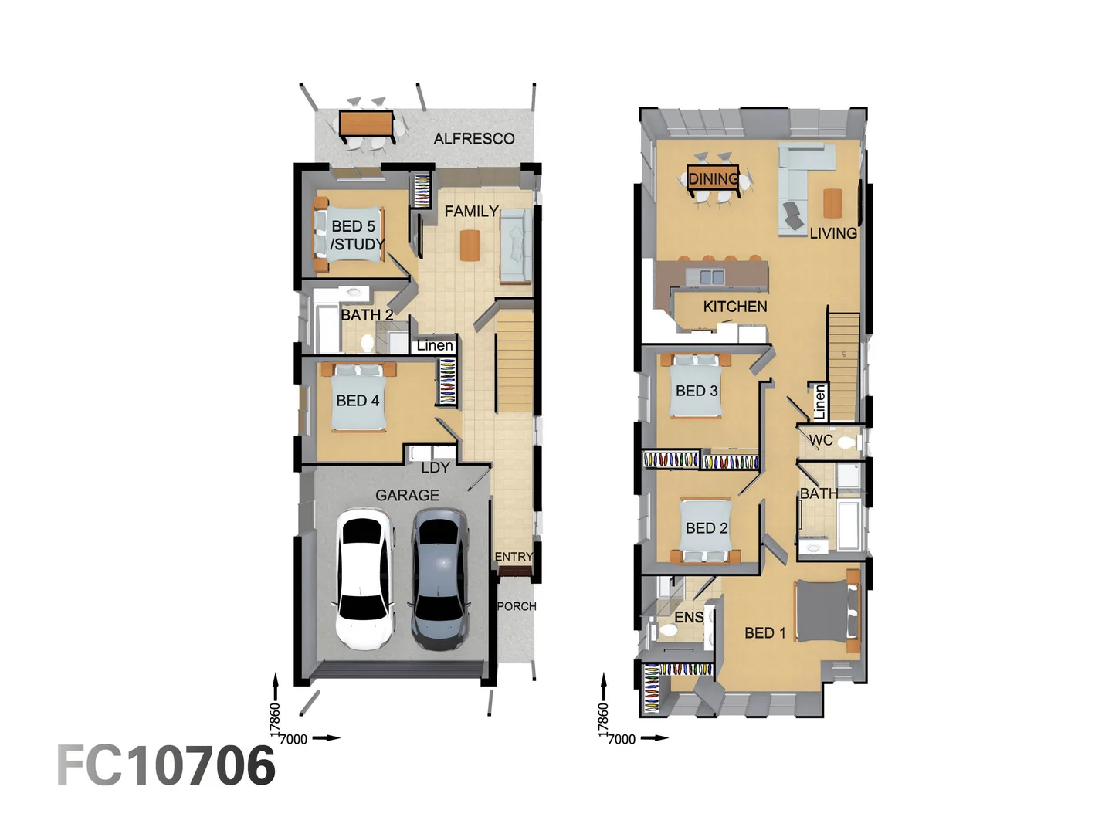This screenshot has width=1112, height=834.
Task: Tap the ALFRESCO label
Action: coord(473,139)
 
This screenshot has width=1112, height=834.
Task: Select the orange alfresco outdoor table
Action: coord(367,124)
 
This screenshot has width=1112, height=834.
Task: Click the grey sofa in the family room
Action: coord(514,246)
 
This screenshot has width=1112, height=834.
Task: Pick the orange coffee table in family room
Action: coord(470,246)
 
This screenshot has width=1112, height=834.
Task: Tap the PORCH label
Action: coord(516,606)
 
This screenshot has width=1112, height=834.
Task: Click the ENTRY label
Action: coord(514,557)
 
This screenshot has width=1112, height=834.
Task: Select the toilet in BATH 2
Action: coord(367,342)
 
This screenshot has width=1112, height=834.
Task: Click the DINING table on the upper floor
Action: coord(713,178)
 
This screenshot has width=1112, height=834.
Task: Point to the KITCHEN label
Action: coord(734,307)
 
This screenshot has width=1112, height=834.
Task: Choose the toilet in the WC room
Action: coord(846,442)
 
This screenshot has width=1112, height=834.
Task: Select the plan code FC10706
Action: coord(166,766)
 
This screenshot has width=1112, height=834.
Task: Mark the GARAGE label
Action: coord(407,495)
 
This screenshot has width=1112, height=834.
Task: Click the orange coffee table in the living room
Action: coord(832,202)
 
